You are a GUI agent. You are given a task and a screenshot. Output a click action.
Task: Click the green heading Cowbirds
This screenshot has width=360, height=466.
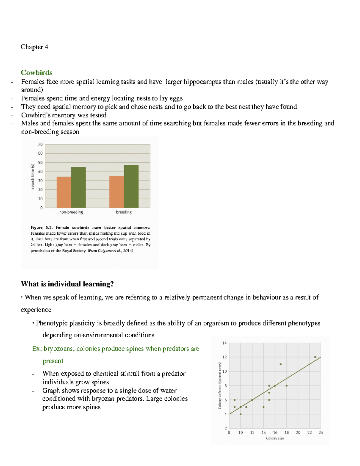(37, 73)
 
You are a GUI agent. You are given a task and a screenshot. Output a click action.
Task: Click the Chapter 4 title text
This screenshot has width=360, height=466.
(34, 47)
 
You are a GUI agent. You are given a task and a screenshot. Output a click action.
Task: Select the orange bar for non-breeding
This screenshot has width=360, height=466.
(64, 192)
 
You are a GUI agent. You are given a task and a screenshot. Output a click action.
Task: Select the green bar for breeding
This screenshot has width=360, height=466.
(131, 186)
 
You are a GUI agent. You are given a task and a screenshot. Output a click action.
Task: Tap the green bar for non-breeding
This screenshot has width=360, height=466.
(78, 187)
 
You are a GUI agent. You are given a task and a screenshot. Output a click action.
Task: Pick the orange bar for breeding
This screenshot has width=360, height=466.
(116, 192)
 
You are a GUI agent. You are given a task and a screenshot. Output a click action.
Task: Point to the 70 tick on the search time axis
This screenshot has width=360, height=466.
(40, 144)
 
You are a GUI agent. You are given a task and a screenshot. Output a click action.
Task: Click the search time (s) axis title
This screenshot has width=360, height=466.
(33, 176)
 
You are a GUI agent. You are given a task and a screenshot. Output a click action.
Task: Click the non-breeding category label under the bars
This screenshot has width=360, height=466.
(71, 212)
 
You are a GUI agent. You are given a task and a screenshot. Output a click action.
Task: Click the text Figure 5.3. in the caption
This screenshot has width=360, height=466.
(41, 227)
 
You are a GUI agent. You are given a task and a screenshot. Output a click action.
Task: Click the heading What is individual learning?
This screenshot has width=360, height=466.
(67, 284)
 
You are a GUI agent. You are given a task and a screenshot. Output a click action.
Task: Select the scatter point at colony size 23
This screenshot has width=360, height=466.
(315, 357)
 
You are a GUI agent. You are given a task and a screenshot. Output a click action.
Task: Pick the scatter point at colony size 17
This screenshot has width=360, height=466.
(280, 364)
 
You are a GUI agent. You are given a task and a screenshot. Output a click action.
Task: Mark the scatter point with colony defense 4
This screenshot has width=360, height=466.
(241, 414)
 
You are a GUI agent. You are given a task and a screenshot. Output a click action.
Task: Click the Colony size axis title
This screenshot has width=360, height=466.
(275, 438)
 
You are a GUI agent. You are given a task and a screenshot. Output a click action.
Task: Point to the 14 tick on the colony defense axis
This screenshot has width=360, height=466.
(224, 343)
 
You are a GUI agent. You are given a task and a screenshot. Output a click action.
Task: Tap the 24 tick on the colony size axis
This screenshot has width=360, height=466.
(321, 433)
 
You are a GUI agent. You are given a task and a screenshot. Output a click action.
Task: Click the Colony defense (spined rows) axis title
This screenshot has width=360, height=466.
(220, 386)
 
